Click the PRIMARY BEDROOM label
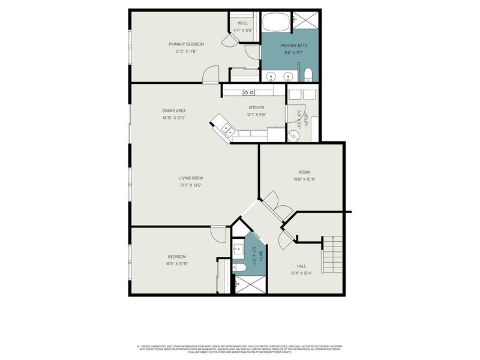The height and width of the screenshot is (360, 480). point(186,44)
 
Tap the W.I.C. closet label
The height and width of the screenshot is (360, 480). point(243,23)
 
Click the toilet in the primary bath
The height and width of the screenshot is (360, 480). point(308,74)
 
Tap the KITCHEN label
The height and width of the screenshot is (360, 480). point(256,107)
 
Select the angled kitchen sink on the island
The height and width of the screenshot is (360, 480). point(226,128)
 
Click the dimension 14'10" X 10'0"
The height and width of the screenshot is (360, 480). point(174,118)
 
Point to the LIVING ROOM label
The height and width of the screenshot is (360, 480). point(191,178)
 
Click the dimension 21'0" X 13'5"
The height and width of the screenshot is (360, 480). point(191,185)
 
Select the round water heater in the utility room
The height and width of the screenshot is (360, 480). point(294,136)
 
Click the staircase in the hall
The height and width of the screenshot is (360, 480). point(332,254)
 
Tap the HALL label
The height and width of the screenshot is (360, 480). point(301,266)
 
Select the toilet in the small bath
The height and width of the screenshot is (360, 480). point(238,268)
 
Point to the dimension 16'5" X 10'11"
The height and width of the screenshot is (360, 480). point(177,264)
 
